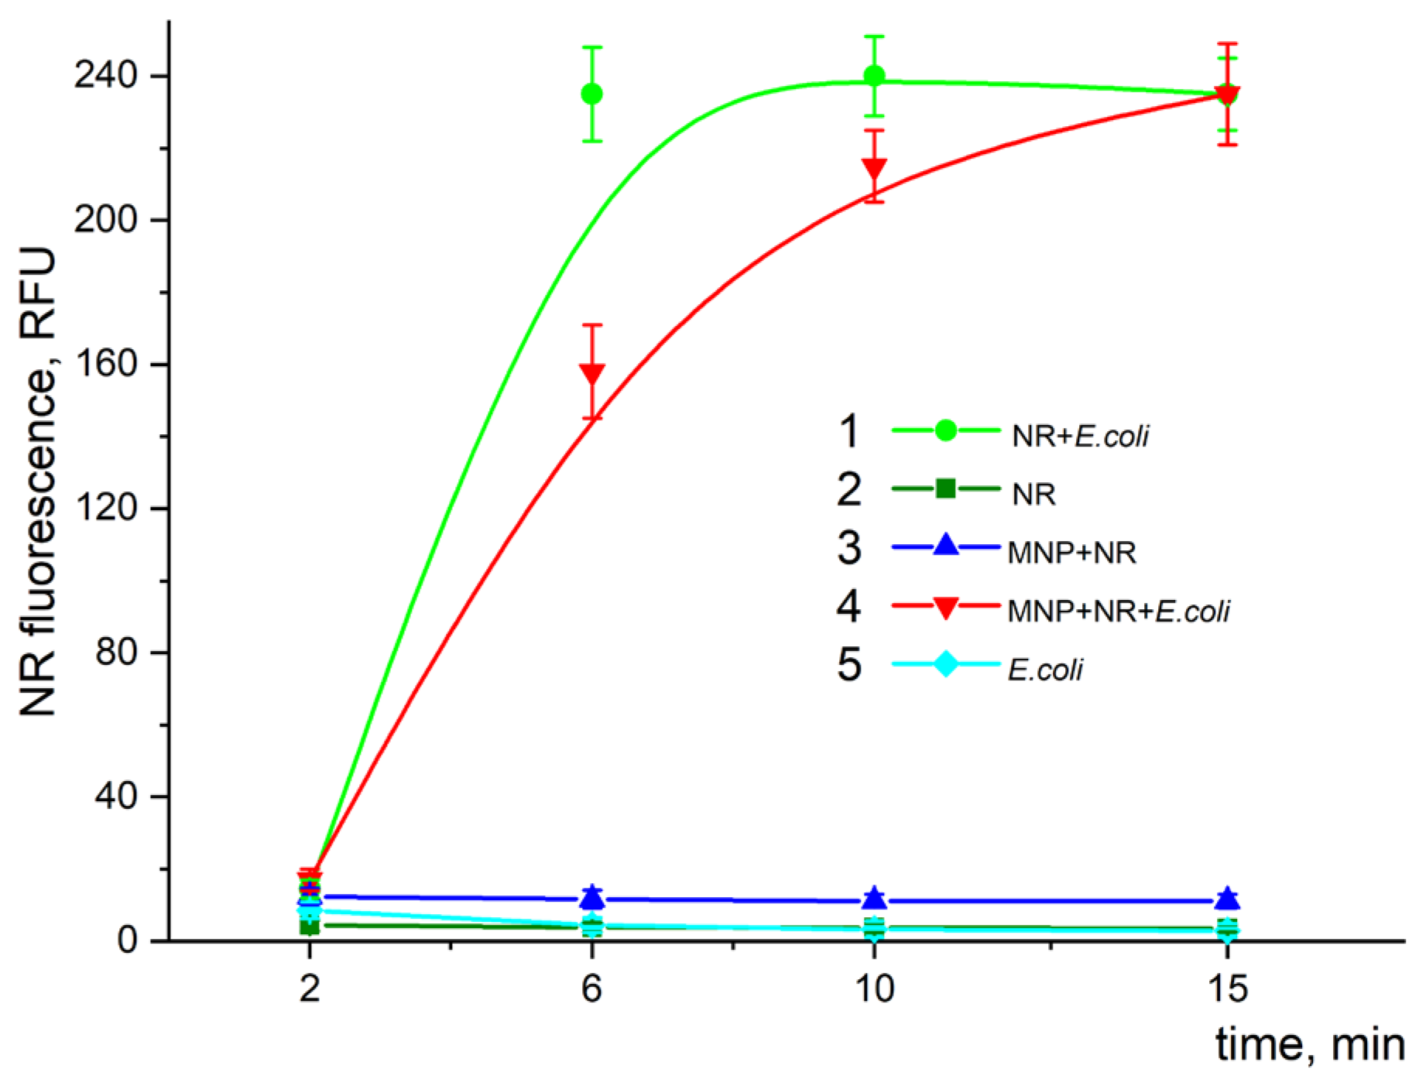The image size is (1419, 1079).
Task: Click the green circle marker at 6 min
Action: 591,94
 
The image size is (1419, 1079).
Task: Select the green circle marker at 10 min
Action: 874,76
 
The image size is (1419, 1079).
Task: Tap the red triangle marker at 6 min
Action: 591,374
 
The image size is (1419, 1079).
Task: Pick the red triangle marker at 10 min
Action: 874,168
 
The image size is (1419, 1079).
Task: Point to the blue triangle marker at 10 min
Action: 874,898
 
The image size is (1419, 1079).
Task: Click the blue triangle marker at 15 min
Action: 1227,898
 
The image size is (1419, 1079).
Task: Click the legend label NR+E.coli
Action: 1080,437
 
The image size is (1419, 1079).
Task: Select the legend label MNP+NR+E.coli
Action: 1118,612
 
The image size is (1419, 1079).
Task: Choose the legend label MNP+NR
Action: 1071,553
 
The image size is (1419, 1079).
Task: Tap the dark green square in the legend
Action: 945,489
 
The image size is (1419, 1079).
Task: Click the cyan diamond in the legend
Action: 945,664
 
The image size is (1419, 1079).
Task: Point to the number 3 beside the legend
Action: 848,548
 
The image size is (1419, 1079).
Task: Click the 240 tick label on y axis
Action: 105,76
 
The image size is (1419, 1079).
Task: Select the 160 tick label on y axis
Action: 105,364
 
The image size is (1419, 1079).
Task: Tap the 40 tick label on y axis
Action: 116,796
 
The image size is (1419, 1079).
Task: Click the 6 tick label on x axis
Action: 591,989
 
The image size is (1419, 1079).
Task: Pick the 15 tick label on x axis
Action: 1227,989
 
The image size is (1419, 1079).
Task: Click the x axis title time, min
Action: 1310,1045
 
